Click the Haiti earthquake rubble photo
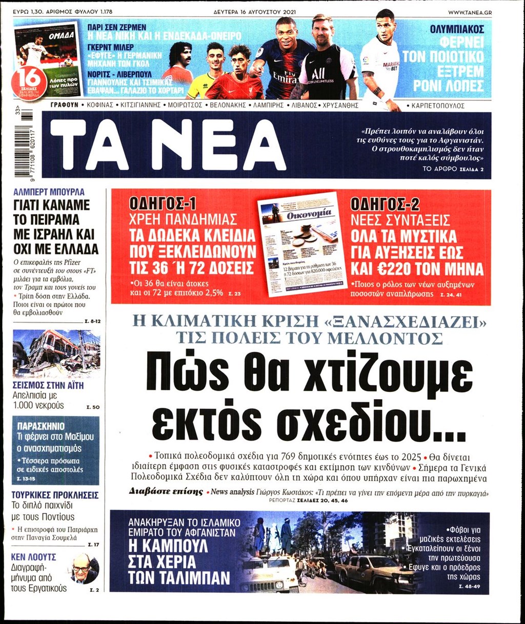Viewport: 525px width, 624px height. click(x=56, y=352)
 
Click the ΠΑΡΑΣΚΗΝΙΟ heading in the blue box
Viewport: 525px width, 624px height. click(x=41, y=426)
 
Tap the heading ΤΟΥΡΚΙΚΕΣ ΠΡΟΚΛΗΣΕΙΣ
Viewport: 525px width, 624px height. click(x=55, y=495)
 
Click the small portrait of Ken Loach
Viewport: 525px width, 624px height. click(x=85, y=568)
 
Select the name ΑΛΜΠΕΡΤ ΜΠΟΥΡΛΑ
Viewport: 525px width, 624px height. click(x=49, y=192)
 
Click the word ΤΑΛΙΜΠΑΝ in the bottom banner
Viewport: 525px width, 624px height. click(x=178, y=578)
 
